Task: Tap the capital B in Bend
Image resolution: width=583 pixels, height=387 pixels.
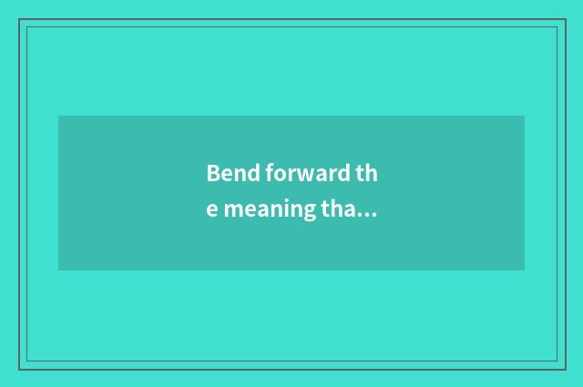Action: (213, 173)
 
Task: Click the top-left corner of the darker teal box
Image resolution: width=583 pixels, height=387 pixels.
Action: (59, 117)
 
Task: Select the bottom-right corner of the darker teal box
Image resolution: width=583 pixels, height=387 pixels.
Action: (524, 270)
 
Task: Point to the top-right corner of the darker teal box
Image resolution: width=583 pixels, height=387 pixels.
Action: (524, 117)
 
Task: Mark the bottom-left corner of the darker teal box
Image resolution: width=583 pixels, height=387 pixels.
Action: (59, 270)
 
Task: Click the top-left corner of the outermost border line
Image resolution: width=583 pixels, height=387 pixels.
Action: (19, 19)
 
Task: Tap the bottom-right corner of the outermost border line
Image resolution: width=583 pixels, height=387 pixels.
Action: (566, 369)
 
